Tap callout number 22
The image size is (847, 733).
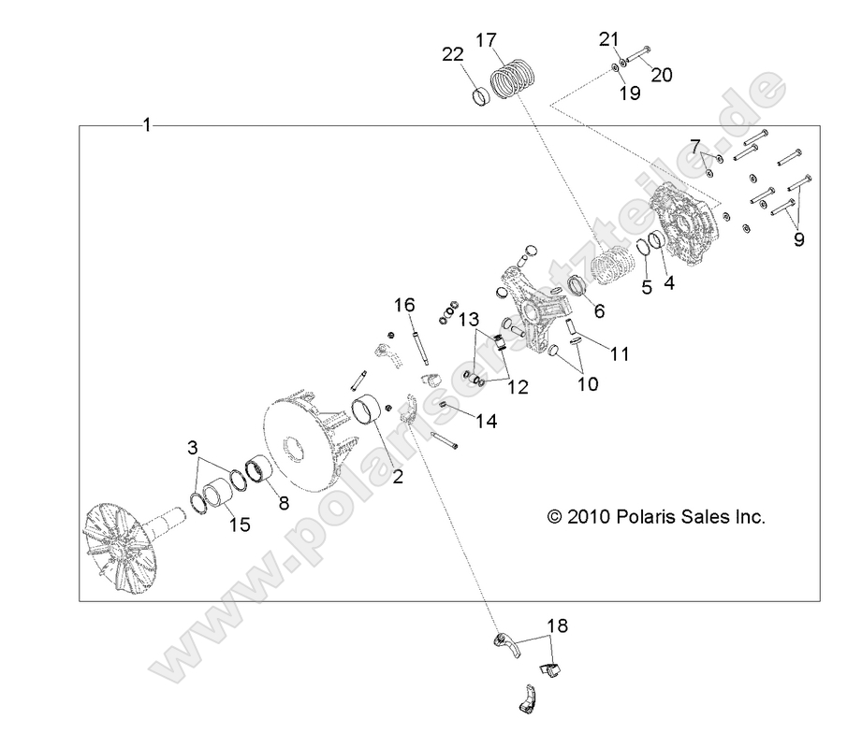[x=453, y=55]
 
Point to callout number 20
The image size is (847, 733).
[x=661, y=76]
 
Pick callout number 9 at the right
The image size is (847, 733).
[x=798, y=238]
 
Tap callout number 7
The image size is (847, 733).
[x=695, y=145]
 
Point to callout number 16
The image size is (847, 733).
[x=403, y=305]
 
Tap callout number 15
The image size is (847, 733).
[x=240, y=525]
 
